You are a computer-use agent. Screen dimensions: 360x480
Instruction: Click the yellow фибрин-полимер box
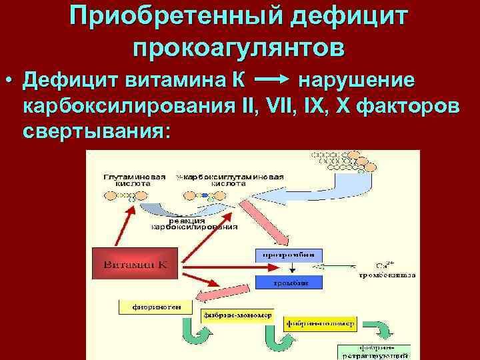pyautogui.click(x=321, y=324)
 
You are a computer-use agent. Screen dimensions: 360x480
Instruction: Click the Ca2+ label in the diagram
pyautogui.click(x=383, y=265)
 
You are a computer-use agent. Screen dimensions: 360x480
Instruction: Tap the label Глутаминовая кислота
pyautogui.click(x=135, y=180)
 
